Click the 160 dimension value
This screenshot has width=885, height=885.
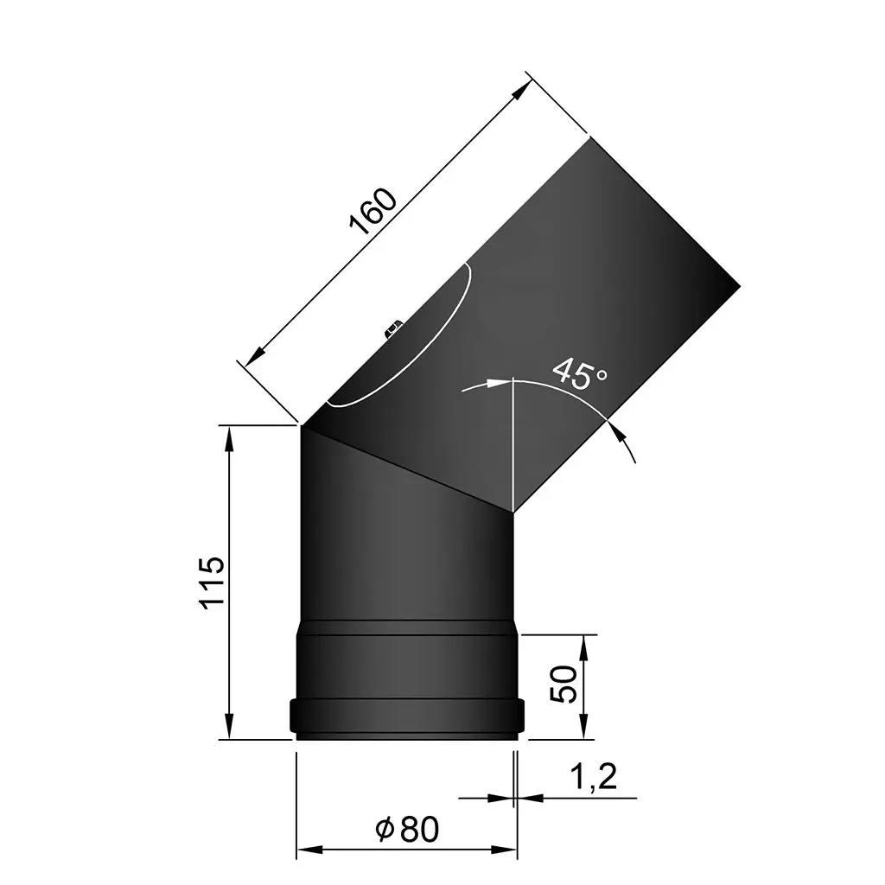pyautogui.click(x=373, y=211)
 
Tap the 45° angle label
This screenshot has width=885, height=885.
pyautogui.click(x=579, y=373)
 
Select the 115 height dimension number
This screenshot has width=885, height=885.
pyautogui.click(x=213, y=584)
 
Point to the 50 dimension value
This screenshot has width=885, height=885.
pyautogui.click(x=563, y=684)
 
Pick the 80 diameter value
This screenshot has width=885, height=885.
pyautogui.click(x=420, y=830)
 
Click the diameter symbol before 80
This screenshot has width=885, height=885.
pyautogui.click(x=386, y=830)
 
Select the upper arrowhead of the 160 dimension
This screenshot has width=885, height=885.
pyautogui.click(x=520, y=88)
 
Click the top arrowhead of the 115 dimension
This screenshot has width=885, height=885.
pyautogui.click(x=230, y=436)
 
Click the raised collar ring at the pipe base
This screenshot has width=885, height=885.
pyautogui.click(x=407, y=716)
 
